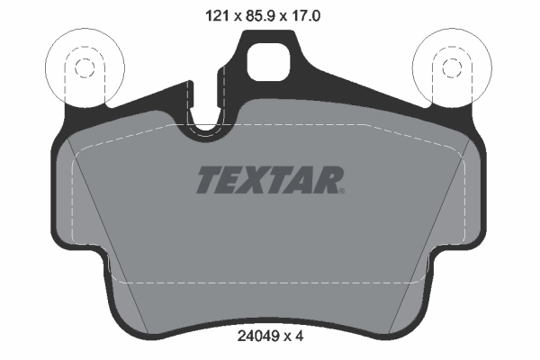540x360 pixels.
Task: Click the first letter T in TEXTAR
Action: [x=207, y=181]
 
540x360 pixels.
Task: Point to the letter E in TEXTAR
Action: [x=229, y=181]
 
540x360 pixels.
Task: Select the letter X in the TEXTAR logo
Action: [x=253, y=181]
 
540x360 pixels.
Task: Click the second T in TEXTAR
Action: [x=276, y=181]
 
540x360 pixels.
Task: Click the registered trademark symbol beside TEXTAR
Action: [x=341, y=190]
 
